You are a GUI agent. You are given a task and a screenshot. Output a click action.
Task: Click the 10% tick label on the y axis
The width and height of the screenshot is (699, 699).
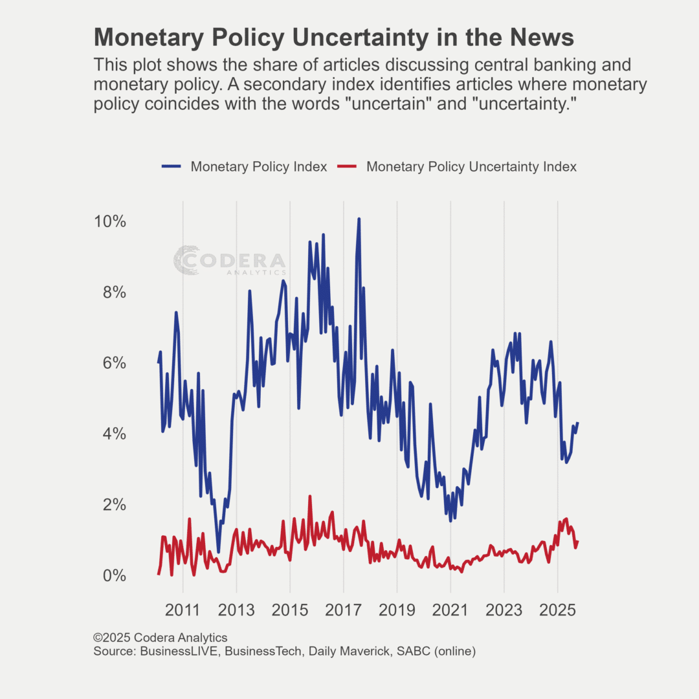click(109, 222)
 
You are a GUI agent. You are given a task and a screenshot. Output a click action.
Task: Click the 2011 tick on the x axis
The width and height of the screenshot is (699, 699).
click(183, 610)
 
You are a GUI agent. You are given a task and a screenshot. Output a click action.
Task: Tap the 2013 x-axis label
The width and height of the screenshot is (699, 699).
click(236, 610)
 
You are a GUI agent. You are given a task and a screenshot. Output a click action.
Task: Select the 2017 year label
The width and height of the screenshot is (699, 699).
click(343, 610)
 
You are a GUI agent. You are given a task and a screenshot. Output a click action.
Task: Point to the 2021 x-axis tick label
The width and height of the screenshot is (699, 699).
click(450, 610)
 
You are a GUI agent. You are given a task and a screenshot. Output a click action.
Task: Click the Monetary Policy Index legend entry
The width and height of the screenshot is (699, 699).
click(258, 167)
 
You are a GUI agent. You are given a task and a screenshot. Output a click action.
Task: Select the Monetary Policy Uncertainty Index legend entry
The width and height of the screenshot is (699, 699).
click(471, 167)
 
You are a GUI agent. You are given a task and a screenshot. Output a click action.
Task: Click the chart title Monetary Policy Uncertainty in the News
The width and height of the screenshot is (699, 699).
click(333, 38)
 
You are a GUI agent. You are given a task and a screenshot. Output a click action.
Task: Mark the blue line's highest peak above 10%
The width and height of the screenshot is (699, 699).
click(359, 219)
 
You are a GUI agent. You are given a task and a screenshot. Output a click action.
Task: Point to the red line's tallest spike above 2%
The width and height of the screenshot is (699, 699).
click(310, 496)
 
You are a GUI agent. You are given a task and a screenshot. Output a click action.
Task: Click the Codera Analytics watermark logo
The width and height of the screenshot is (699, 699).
click(230, 261)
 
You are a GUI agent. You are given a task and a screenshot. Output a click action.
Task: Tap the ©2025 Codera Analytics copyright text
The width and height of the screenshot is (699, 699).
click(160, 638)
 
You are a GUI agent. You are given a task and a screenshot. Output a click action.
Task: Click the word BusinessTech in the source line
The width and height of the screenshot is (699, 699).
click(263, 651)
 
